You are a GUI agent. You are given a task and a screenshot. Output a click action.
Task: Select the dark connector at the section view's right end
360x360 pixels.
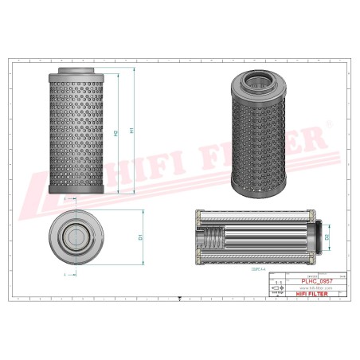(324, 236)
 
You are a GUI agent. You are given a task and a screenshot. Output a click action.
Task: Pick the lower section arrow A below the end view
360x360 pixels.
(64, 272)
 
